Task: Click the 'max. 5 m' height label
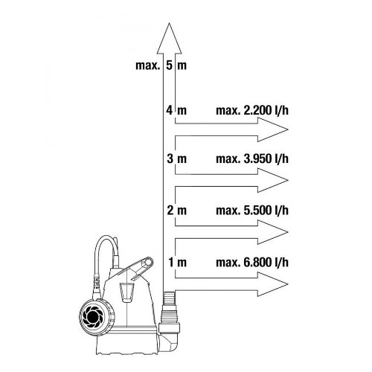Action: [161, 65]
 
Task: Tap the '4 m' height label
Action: [176, 110]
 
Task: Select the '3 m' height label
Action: [176, 158]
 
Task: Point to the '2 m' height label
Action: [176, 211]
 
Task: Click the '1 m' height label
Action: [177, 262]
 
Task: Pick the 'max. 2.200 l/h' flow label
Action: [252, 110]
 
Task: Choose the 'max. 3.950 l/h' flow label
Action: [252, 158]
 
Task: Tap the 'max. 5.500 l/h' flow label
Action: [252, 211]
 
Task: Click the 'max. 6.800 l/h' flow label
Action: [252, 263]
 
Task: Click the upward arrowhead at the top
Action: [169, 39]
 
